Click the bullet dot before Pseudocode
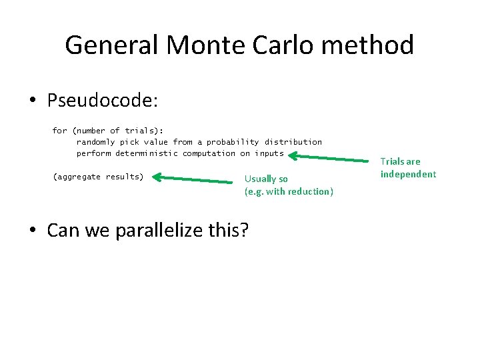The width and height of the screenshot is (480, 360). [33, 101]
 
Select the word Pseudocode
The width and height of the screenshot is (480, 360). [102, 101]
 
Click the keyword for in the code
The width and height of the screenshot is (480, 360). [59, 131]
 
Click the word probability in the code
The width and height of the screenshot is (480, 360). [233, 142]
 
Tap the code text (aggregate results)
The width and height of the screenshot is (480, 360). [98, 177]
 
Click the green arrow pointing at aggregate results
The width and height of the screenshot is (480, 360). [193, 179]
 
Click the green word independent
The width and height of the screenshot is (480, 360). [408, 174]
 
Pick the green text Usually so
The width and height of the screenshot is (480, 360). [266, 179]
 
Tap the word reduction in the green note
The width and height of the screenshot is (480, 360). [310, 191]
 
